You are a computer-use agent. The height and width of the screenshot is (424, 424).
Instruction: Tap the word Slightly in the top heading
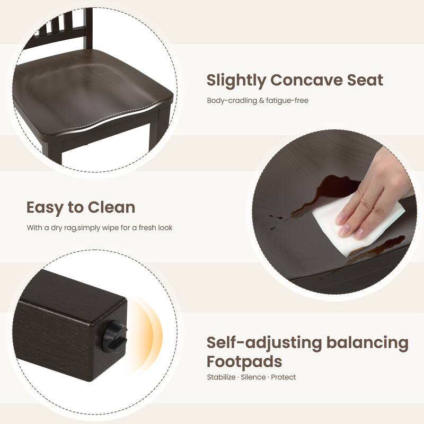(x=236, y=81)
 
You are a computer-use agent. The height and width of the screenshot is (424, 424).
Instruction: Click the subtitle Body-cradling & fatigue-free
(x=258, y=101)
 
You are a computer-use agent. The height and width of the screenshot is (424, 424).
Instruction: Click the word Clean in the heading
(x=111, y=207)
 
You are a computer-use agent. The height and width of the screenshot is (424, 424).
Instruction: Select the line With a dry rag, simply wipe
(x=100, y=228)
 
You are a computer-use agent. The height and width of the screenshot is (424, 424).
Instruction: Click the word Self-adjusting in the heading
(x=264, y=343)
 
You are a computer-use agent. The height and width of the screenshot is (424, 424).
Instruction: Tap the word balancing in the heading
(x=367, y=343)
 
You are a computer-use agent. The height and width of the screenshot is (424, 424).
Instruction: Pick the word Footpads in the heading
(x=244, y=361)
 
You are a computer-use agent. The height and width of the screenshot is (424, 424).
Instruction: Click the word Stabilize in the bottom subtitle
(x=221, y=377)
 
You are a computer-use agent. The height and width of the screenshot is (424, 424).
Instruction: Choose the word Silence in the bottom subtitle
(x=253, y=377)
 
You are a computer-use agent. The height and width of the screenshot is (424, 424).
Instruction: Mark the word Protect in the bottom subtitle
(x=284, y=377)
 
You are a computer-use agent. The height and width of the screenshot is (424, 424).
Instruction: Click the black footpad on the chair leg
(x=114, y=336)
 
